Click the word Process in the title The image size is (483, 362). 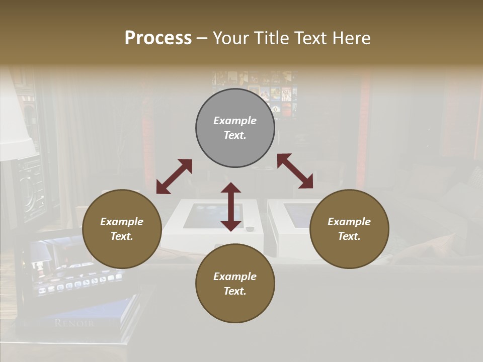(158, 38)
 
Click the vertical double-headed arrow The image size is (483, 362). (231, 207)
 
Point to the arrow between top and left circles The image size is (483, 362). (174, 176)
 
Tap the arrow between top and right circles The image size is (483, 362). (295, 171)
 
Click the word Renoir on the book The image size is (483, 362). (74, 323)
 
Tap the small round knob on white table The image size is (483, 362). (250, 229)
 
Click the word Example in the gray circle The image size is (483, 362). (235, 121)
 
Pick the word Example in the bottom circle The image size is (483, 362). (235, 277)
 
